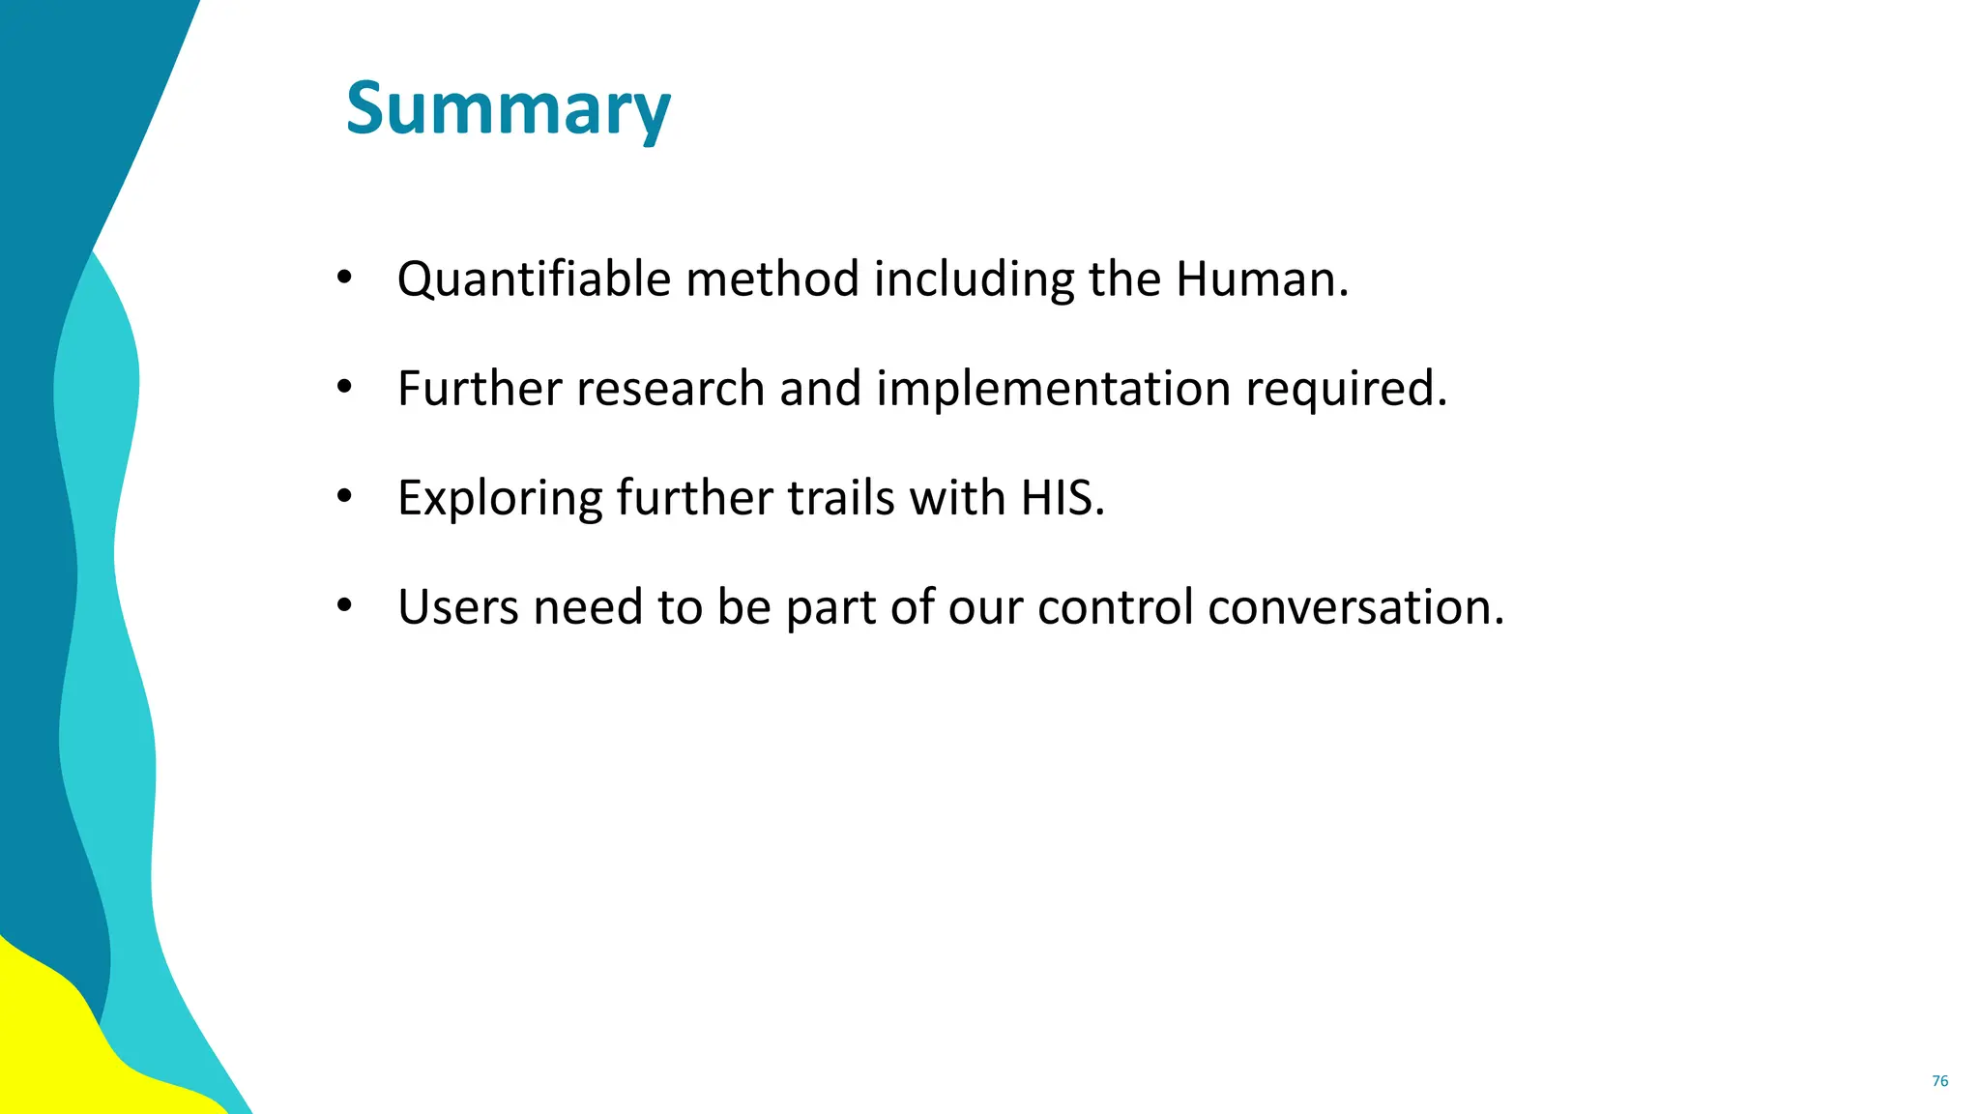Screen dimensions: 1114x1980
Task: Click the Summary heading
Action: [x=508, y=108]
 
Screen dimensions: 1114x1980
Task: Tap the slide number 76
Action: [x=1939, y=1081]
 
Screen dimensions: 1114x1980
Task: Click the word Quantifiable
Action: [x=534, y=280]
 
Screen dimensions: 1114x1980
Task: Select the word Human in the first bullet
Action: [x=1255, y=278]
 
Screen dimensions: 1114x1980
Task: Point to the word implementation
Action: [x=1053, y=389]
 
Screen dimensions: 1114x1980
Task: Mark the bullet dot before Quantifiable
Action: [x=344, y=278]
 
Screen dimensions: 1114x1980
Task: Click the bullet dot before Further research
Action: [x=344, y=388]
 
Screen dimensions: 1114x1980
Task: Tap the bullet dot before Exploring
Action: [x=344, y=497]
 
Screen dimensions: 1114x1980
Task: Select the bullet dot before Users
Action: [x=344, y=606]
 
